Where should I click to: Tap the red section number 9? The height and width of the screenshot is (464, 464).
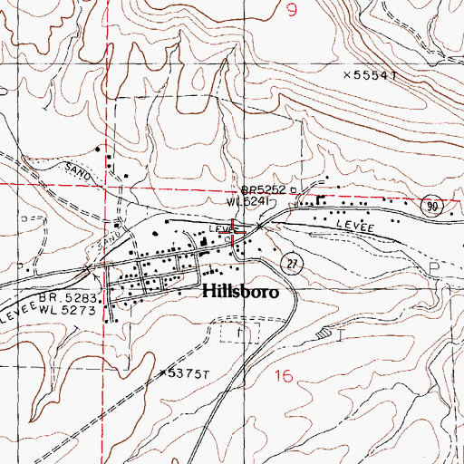point(290,11)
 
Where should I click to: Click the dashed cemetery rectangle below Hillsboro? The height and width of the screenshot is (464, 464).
point(239,333)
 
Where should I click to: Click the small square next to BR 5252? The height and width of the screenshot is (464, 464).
point(294,190)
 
